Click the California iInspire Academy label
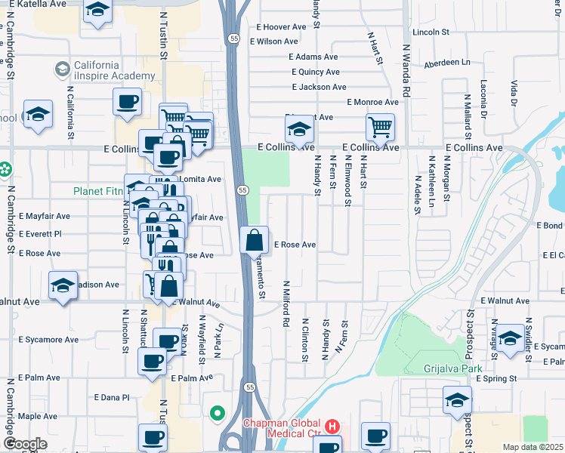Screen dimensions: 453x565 pos(113,70)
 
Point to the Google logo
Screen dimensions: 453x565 pos(25,443)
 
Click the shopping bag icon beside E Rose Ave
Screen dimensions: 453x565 pos(255,241)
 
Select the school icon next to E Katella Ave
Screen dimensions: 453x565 pos(97,11)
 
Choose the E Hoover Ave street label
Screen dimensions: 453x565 pos(282,26)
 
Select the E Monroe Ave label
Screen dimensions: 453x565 pos(372,102)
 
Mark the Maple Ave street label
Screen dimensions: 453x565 pos(38,416)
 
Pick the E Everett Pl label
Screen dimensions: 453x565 pos(40,234)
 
